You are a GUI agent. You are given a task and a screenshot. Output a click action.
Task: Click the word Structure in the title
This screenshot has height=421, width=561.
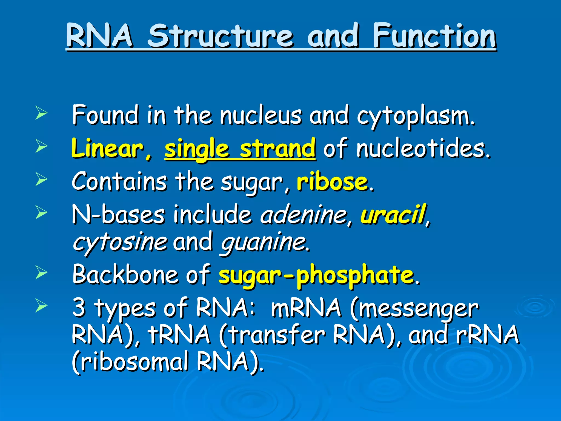221,36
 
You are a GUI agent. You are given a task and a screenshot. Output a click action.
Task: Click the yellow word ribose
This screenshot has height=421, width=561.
332,182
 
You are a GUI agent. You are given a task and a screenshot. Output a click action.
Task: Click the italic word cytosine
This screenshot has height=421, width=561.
120,243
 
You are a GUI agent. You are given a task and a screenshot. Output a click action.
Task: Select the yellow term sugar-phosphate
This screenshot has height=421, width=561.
316,275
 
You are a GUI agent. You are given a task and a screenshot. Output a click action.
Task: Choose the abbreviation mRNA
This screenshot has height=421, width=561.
306,308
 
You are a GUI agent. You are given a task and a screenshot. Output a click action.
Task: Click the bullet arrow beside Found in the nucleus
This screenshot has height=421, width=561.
41,114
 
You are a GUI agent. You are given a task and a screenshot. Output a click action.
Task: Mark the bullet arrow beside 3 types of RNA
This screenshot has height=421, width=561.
41,306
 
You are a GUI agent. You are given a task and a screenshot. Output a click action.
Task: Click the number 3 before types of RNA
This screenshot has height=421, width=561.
79,308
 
